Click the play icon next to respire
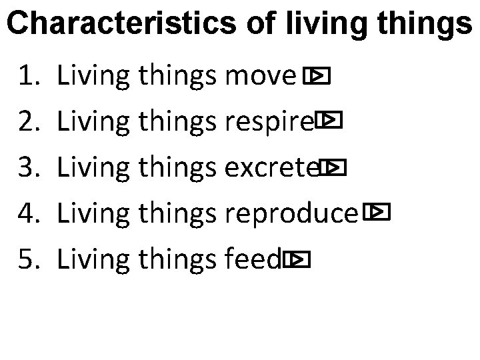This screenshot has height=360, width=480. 330,121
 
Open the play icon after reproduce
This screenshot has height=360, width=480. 377,213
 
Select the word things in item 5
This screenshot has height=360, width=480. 177,259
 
